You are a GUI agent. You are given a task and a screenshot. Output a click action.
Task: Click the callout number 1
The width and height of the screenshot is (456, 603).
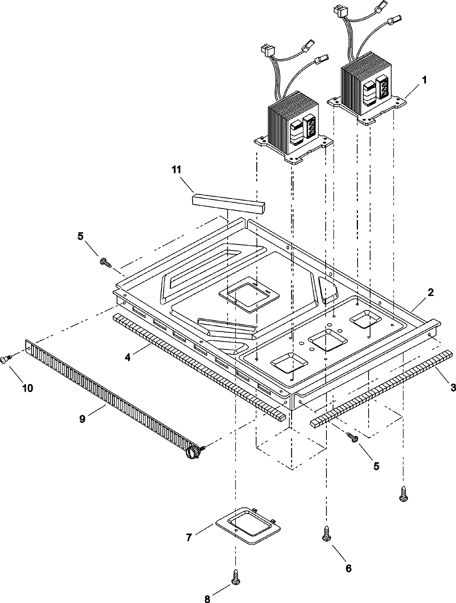click(424, 80)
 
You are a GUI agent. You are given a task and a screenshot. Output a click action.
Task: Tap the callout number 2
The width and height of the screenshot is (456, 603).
click(431, 292)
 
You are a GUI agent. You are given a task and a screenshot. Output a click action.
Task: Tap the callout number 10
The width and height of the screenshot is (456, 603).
click(28, 387)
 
